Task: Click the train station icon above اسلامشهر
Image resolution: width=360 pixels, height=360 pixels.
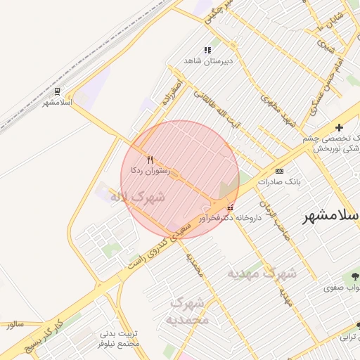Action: click(x=57, y=91)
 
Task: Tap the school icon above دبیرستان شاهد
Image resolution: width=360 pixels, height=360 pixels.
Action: click(x=207, y=50)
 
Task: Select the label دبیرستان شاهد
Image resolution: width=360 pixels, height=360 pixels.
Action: click(x=207, y=61)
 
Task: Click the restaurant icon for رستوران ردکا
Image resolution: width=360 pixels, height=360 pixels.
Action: click(x=149, y=160)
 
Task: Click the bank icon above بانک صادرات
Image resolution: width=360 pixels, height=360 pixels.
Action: click(x=280, y=171)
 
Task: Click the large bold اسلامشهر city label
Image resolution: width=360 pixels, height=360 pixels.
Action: click(x=330, y=217)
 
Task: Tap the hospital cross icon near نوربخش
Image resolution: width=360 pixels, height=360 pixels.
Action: click(x=340, y=127)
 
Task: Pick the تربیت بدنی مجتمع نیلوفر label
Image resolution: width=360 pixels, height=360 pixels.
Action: click(x=119, y=339)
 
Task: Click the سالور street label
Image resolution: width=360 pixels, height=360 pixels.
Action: click(x=15, y=325)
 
